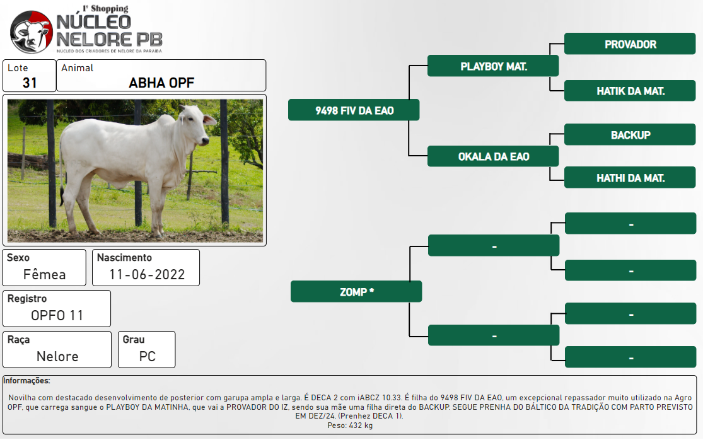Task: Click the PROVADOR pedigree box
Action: [630, 44]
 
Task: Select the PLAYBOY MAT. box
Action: [493, 66]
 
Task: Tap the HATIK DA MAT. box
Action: [630, 91]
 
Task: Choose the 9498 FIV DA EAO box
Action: [354, 110]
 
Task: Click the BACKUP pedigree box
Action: [630, 135]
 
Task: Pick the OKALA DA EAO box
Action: [493, 156]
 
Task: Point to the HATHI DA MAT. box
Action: [630, 178]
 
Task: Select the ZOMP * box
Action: [356, 292]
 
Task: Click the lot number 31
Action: [30, 83]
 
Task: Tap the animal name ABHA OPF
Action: [161, 83]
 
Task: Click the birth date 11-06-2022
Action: [147, 274]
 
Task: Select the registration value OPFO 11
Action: [57, 315]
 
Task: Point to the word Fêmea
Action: [44, 274]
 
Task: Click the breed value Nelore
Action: [57, 357]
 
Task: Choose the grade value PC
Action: [148, 357]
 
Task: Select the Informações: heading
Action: [26, 381]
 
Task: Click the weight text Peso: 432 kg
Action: [350, 426]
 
